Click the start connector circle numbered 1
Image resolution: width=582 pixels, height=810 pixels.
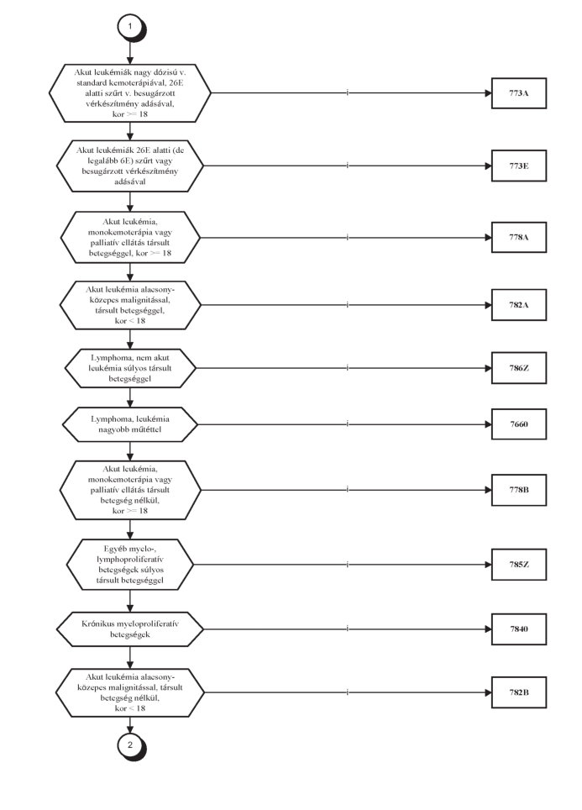(130, 26)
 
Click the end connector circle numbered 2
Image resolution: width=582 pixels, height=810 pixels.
(130, 745)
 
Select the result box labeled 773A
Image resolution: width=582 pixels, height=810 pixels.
(518, 93)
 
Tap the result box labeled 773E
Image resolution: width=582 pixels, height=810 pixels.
(518, 166)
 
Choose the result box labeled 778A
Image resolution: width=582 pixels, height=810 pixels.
(518, 237)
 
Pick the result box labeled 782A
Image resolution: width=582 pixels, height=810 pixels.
(518, 305)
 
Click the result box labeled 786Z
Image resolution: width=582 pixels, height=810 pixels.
(518, 368)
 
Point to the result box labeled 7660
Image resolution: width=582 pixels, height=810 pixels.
(518, 424)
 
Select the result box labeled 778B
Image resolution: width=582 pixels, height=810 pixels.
(518, 490)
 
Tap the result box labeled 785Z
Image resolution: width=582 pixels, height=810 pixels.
(518, 564)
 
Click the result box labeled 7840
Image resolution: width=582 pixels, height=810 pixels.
(518, 629)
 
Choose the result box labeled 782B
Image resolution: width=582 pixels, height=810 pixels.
(518, 692)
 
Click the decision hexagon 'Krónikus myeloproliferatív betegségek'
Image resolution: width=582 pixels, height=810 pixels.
(130, 629)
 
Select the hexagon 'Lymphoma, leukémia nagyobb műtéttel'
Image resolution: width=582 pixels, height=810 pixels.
(130, 424)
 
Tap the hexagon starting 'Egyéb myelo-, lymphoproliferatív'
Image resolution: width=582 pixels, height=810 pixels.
(130, 564)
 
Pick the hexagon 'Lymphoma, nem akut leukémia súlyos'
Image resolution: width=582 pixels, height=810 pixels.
(130, 368)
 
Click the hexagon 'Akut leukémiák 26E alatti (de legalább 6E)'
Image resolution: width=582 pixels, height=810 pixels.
(130, 166)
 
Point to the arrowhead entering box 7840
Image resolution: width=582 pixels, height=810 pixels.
(488, 629)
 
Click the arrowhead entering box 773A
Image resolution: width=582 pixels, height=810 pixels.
(488, 93)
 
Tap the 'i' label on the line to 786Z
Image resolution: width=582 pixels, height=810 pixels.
(348, 367)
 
